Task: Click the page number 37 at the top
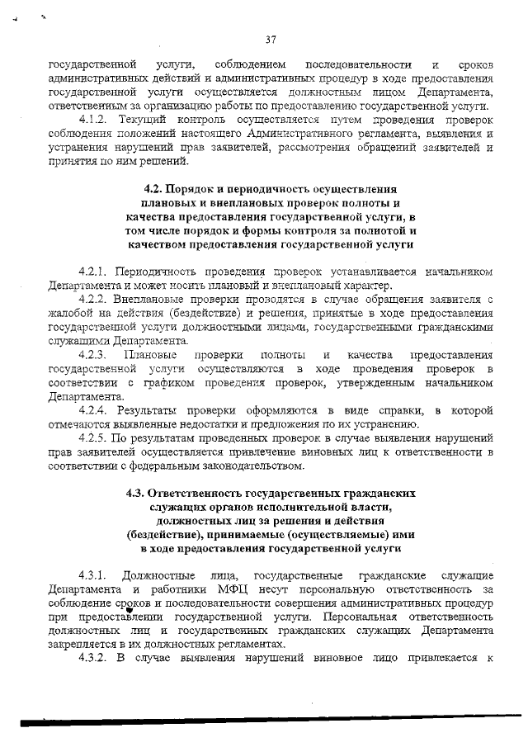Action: click(x=271, y=40)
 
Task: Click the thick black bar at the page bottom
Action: click(x=264, y=721)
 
